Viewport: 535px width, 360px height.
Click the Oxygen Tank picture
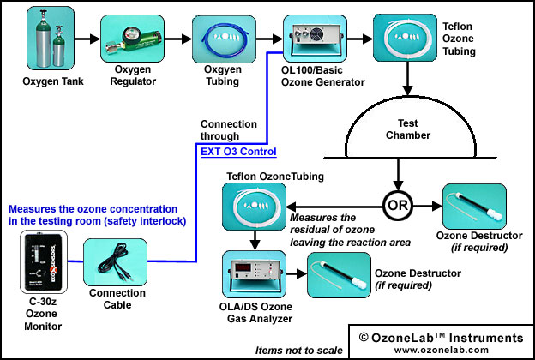51,39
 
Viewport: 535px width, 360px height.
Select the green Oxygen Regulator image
132,39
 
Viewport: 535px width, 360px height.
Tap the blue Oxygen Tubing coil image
224,39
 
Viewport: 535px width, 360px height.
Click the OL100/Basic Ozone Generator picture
315,39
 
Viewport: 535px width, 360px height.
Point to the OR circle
398,206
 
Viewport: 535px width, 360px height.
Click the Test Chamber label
408,129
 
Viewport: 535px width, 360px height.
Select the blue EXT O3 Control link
238,152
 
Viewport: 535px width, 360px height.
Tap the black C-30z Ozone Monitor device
44,261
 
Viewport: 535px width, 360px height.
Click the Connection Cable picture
116,262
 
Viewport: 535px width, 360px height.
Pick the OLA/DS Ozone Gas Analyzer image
254,274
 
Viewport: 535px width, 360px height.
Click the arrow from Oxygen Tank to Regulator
87,39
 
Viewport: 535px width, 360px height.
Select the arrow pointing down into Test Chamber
407,79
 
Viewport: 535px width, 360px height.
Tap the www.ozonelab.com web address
442,350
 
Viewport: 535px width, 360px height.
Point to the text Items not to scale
299,350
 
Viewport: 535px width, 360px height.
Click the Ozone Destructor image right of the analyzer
339,275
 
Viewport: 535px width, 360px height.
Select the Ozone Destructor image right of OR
474,207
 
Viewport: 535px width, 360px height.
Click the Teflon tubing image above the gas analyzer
254,207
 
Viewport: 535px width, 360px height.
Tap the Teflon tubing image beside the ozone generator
405,38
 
